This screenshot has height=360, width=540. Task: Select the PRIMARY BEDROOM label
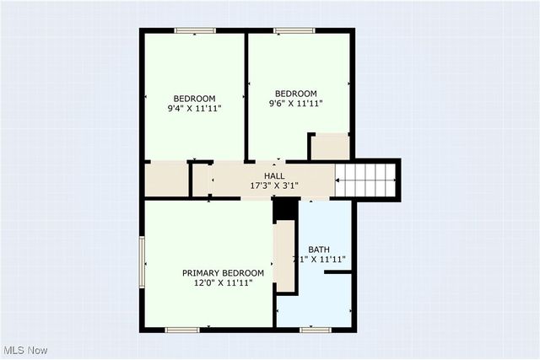tap(224, 273)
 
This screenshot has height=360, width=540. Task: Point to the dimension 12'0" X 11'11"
tap(224, 283)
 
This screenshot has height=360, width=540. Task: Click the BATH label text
tap(319, 250)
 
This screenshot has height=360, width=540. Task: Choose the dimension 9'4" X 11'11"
tap(195, 108)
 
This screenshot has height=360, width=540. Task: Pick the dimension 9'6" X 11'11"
tap(296, 104)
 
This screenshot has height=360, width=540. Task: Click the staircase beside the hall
tap(366, 179)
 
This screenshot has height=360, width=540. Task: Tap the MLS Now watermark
tap(26, 350)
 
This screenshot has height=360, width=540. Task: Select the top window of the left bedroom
tap(195, 31)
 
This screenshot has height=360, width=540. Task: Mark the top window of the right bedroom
tap(294, 31)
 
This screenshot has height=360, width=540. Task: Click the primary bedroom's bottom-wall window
tap(181, 329)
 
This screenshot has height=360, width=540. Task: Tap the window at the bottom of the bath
tap(313, 329)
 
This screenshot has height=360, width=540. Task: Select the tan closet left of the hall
tap(165, 179)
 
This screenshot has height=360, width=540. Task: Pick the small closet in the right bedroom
tap(329, 147)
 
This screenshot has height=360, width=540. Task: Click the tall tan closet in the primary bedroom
tap(285, 256)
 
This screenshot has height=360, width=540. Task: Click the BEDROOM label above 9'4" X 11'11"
tap(195, 98)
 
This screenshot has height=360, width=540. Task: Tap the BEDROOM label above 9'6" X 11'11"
tap(296, 94)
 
